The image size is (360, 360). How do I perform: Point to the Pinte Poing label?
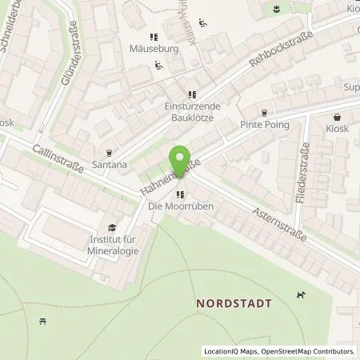(264, 126)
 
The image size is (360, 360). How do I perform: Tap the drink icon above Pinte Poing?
(264, 112)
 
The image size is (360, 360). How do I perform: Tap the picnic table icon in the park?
(42, 322)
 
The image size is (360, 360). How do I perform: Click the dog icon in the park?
(301, 296)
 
